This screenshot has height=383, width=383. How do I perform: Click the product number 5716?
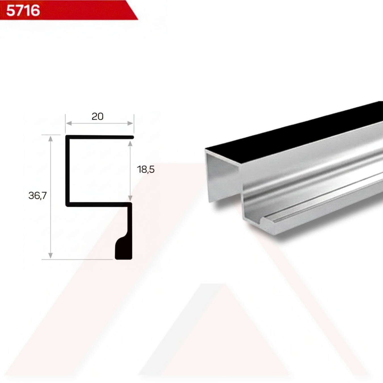click(x=23, y=10)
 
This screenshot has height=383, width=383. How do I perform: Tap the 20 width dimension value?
click(x=98, y=116)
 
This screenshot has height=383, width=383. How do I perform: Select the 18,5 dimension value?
click(x=146, y=169)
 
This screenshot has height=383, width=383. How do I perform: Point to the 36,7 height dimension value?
click(x=37, y=195)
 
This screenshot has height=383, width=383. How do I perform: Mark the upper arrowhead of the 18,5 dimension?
click(x=130, y=143)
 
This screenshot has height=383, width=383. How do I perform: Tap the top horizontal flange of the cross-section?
click(x=99, y=137)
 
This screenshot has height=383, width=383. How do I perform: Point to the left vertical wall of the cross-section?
click(x=68, y=170)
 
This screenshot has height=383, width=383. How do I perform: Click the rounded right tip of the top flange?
click(x=132, y=137)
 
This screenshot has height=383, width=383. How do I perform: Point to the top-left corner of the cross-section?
click(x=67, y=137)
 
